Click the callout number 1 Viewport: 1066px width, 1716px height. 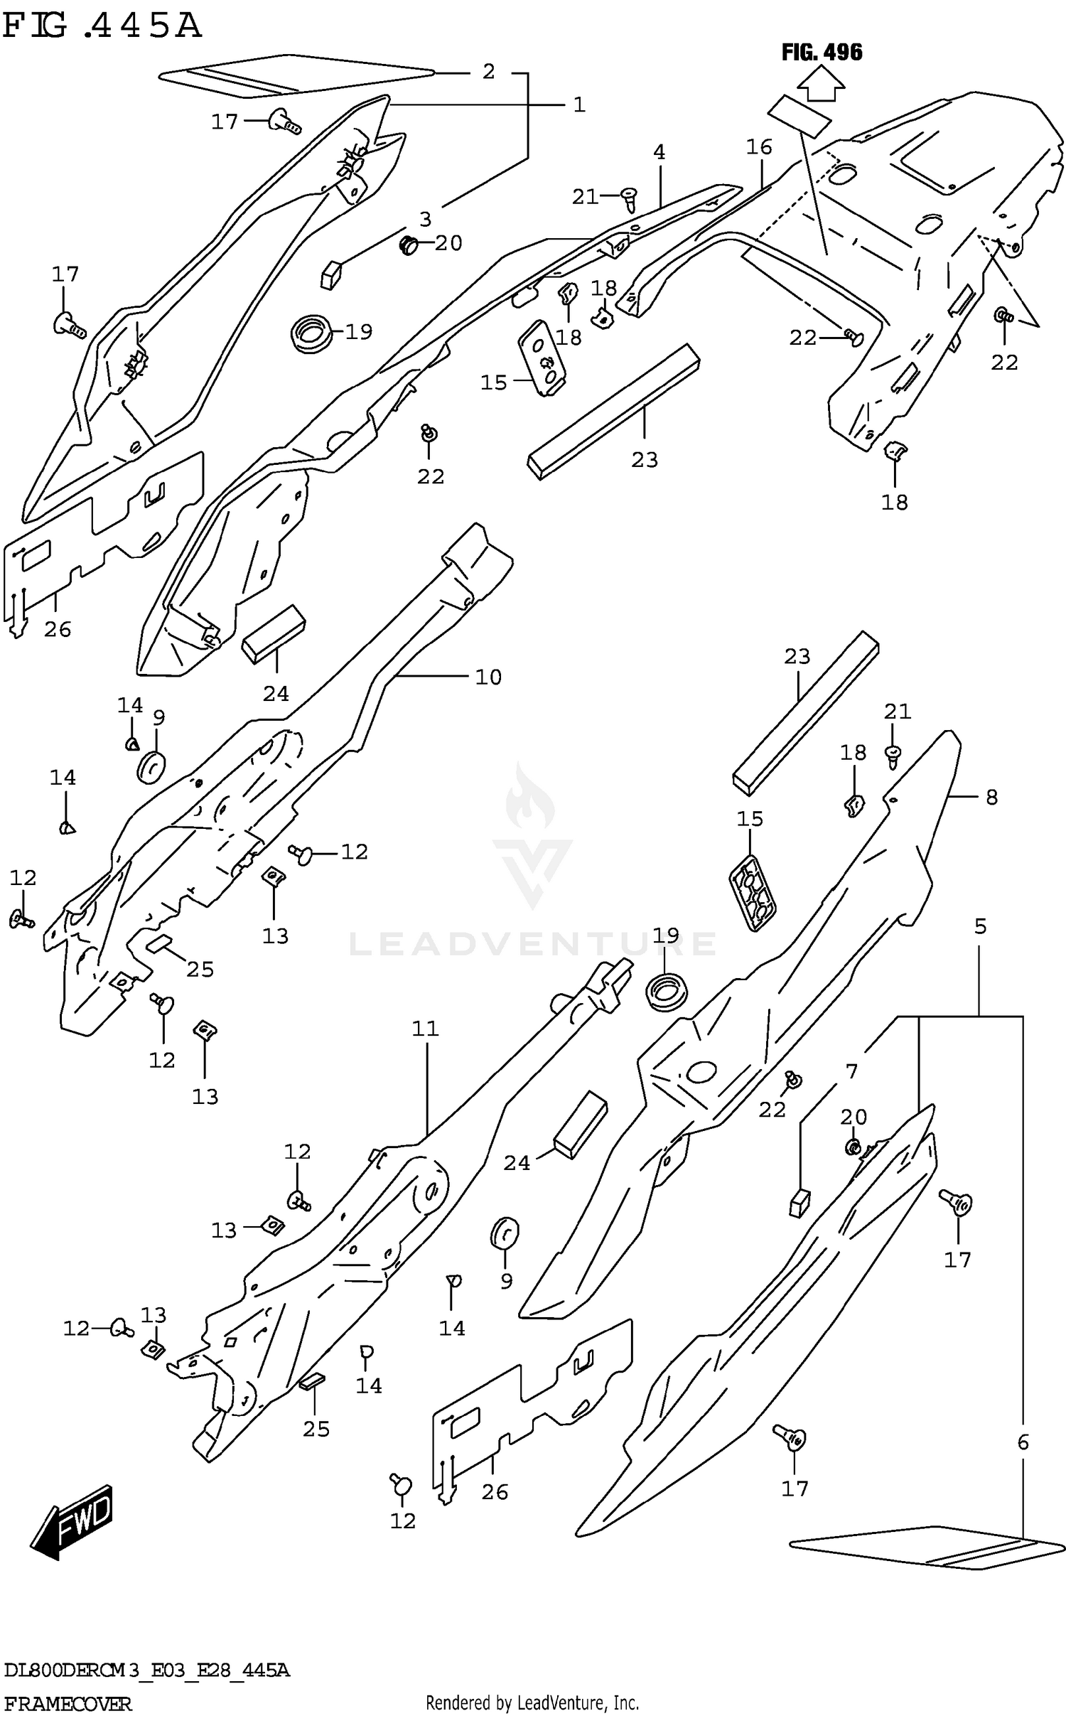click(579, 105)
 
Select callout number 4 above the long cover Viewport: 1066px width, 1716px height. click(659, 152)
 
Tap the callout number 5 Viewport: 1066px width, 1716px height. click(980, 926)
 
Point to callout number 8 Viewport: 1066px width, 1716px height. click(991, 797)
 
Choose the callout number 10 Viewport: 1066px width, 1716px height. click(488, 677)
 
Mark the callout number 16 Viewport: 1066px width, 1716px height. click(759, 147)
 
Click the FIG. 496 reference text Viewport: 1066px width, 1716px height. click(822, 52)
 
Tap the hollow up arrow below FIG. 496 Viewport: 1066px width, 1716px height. click(821, 86)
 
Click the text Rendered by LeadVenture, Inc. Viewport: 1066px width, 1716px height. click(532, 1703)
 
